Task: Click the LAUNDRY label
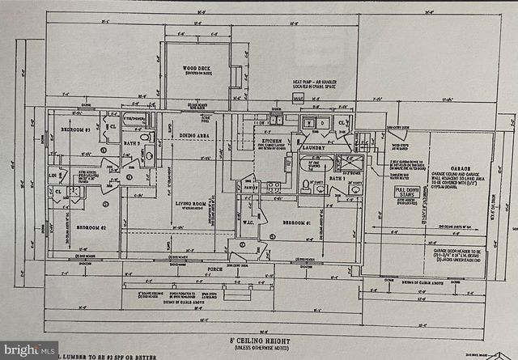313,148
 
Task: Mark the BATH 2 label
130,143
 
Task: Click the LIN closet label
53,175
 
